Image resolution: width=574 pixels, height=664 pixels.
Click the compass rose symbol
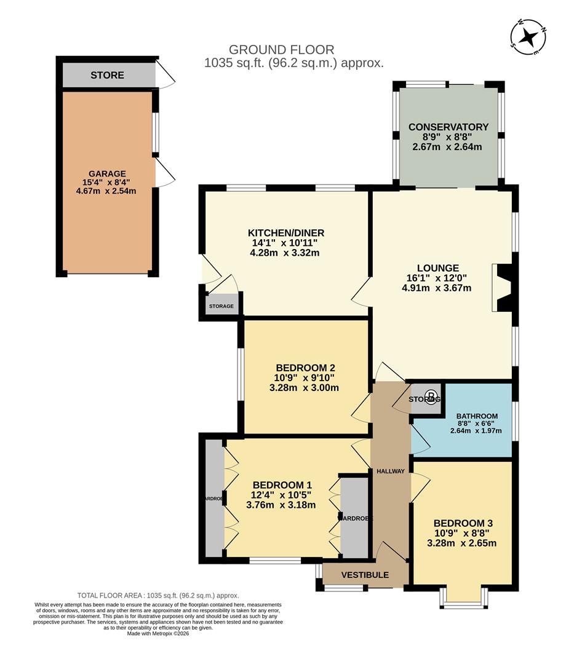tap(528, 37)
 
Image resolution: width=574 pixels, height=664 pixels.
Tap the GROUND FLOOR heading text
tap(281, 49)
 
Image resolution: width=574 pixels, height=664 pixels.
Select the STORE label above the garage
tap(107, 75)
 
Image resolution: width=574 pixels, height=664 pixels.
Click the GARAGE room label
tap(106, 173)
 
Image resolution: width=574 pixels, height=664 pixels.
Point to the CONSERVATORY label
tap(448, 127)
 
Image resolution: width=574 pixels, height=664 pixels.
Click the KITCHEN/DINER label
tap(285, 233)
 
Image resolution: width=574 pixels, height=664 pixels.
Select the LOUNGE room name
tap(437, 268)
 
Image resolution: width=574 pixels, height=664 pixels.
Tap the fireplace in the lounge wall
tap(503, 288)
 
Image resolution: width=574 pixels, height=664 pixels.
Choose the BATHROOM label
tap(477, 416)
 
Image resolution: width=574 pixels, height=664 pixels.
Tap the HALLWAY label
tap(391, 472)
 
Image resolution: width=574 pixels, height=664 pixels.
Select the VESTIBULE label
tap(365, 575)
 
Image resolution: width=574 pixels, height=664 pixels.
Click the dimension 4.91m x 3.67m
tap(437, 287)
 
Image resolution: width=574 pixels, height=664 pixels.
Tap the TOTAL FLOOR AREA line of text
tap(158, 595)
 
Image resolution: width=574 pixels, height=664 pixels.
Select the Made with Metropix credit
tap(158, 633)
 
